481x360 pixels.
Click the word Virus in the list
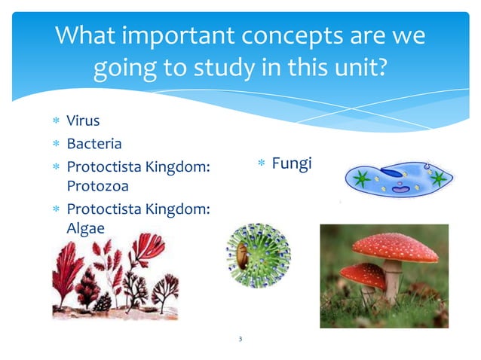pyautogui.click(x=83, y=121)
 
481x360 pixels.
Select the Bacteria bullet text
pyautogui.click(x=93, y=143)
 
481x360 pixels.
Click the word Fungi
pyautogui.click(x=291, y=163)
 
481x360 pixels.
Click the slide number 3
pyautogui.click(x=240, y=340)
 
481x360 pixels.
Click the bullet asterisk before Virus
pyautogui.click(x=55, y=121)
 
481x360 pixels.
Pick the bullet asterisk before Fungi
pyautogui.click(x=260, y=164)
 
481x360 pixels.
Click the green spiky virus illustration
pyautogui.click(x=258, y=255)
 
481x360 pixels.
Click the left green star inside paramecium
pyautogui.click(x=361, y=179)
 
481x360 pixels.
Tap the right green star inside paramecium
pyautogui.click(x=437, y=178)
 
